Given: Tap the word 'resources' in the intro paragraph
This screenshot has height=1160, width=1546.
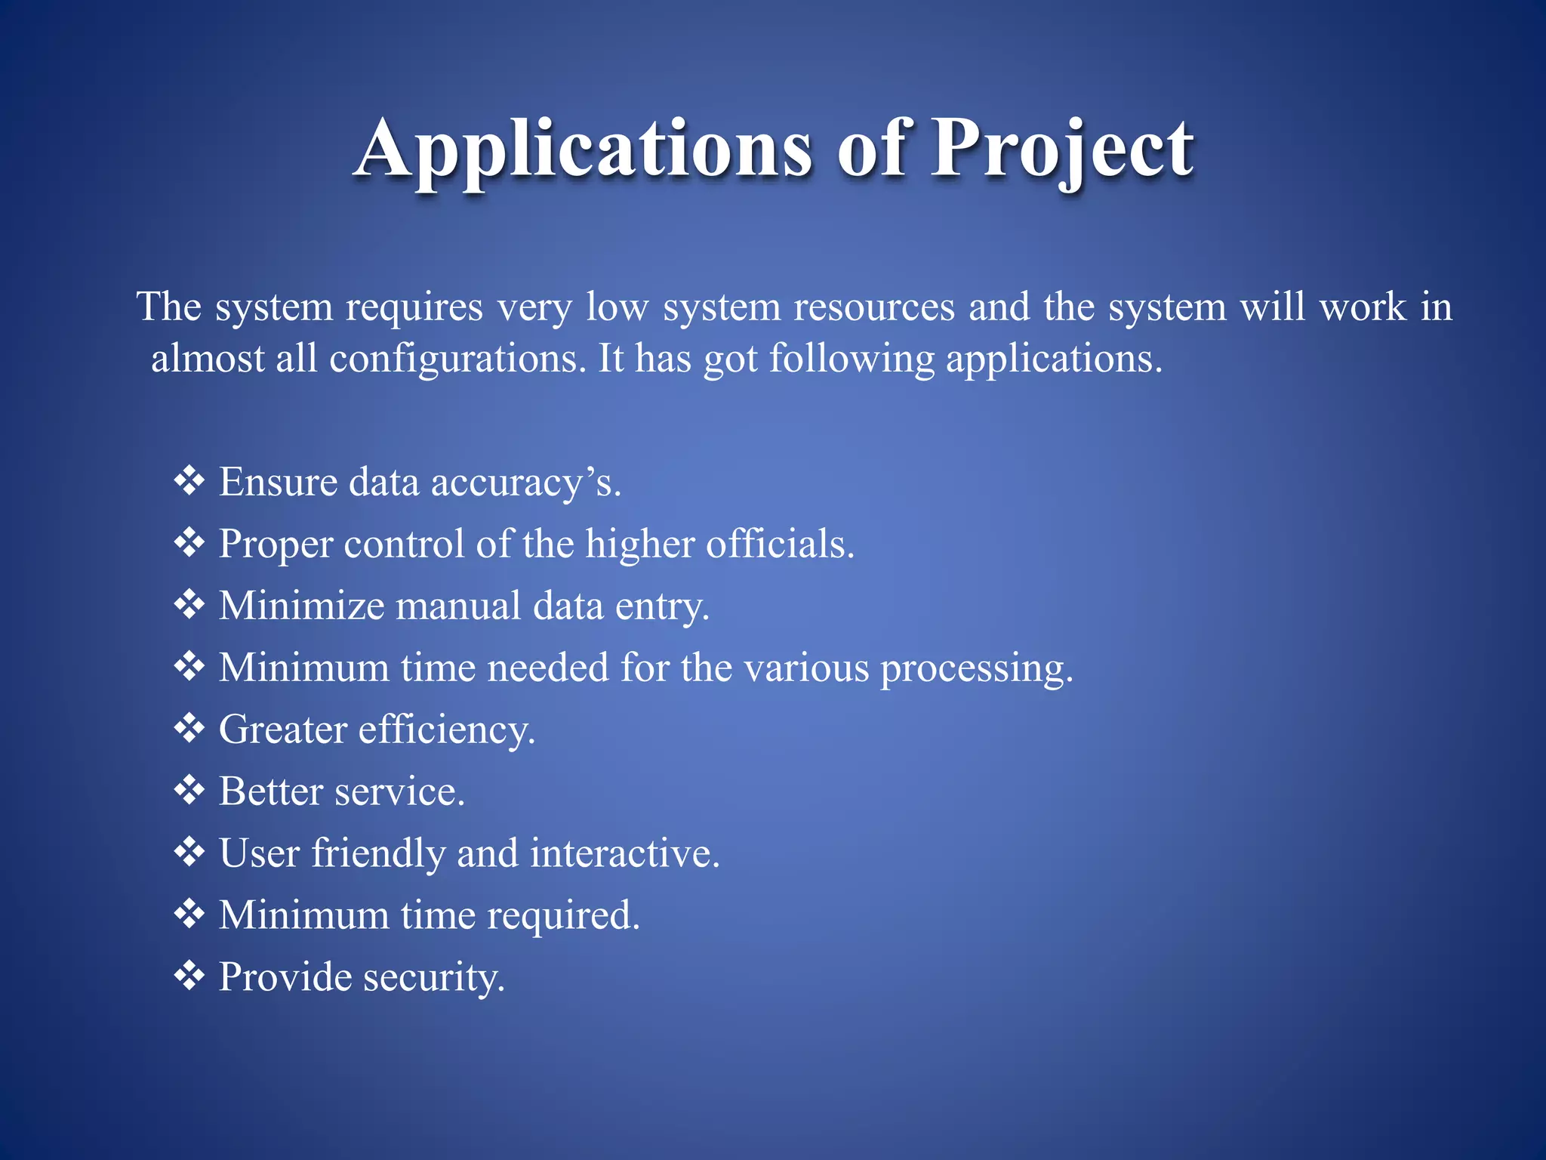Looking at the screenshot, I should pos(873,307).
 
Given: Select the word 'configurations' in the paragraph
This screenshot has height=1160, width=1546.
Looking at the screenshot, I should pos(457,358).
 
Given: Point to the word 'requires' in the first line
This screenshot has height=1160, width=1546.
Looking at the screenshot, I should pos(414,307).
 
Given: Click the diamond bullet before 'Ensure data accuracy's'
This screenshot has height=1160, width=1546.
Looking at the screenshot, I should pos(189,480).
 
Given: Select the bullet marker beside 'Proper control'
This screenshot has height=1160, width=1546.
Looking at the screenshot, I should pos(189,542).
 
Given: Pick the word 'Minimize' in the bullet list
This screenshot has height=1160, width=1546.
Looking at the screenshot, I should pos(301,606).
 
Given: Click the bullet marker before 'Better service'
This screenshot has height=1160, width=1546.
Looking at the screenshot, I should pos(189,790).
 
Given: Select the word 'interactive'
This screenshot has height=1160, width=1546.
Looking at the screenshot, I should pos(624,853).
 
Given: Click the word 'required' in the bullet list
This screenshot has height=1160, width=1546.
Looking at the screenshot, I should pos(562,916).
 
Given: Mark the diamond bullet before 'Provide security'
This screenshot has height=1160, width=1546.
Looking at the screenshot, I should pos(189,976).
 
